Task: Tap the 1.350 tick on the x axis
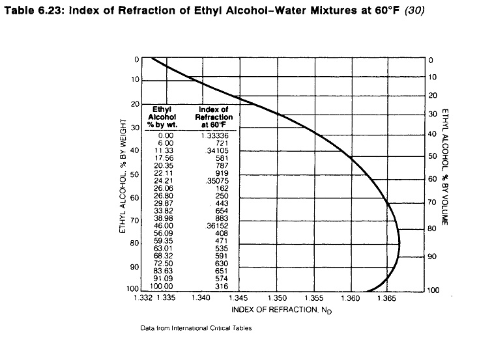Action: [x=278, y=298]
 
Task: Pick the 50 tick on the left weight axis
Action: [x=135, y=174]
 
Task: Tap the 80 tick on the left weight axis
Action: [x=135, y=243]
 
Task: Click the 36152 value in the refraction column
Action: [x=213, y=223]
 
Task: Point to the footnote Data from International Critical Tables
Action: [x=195, y=328]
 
